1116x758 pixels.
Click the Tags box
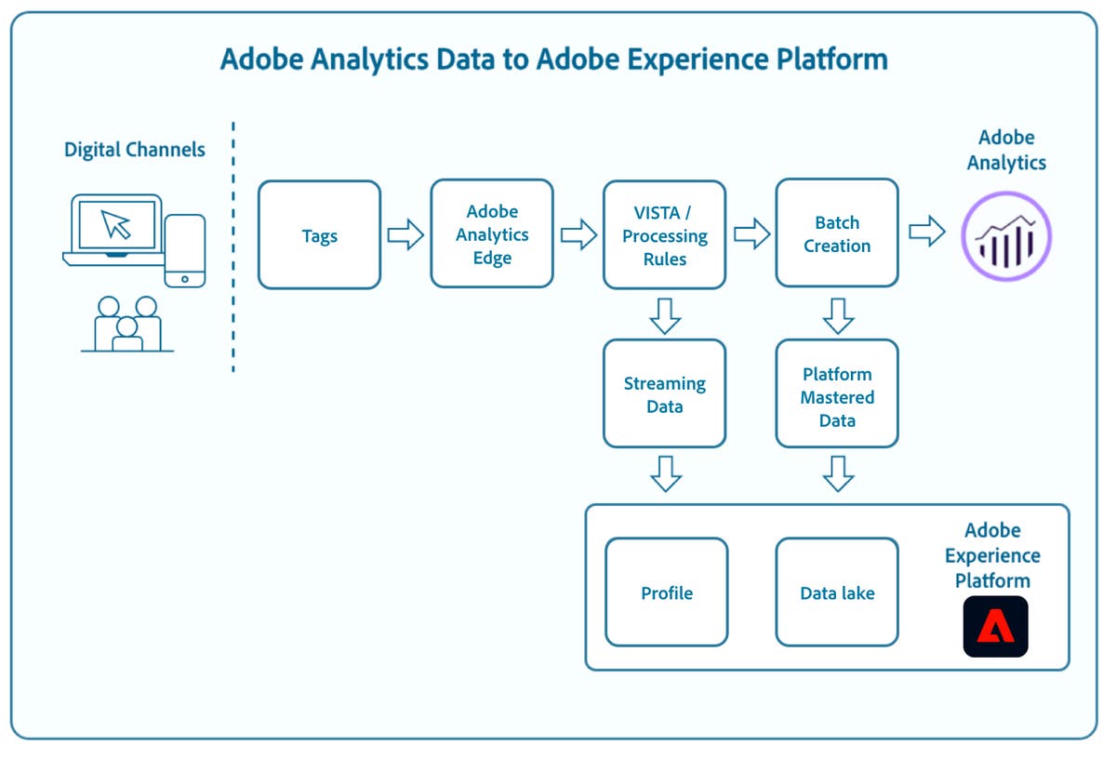[319, 235]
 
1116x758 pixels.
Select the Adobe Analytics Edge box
[492, 235]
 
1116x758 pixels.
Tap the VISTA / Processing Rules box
[664, 235]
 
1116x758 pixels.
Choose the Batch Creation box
[837, 235]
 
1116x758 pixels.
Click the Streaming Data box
[664, 394]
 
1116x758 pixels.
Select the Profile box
[666, 592]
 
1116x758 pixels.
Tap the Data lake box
[837, 592]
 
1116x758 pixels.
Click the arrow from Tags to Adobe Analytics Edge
[405, 235]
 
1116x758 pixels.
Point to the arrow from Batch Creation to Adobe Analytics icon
[926, 232]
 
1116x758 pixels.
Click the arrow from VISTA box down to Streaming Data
[664, 315]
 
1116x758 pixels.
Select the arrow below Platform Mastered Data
[837, 473]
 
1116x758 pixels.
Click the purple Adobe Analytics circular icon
[1005, 236]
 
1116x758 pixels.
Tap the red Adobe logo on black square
[995, 627]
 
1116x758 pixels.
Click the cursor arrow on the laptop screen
[116, 224]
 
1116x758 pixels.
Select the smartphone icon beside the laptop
[184, 250]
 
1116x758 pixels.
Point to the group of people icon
[127, 324]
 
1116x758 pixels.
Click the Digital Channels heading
[135, 150]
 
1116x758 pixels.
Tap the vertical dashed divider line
[232, 246]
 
